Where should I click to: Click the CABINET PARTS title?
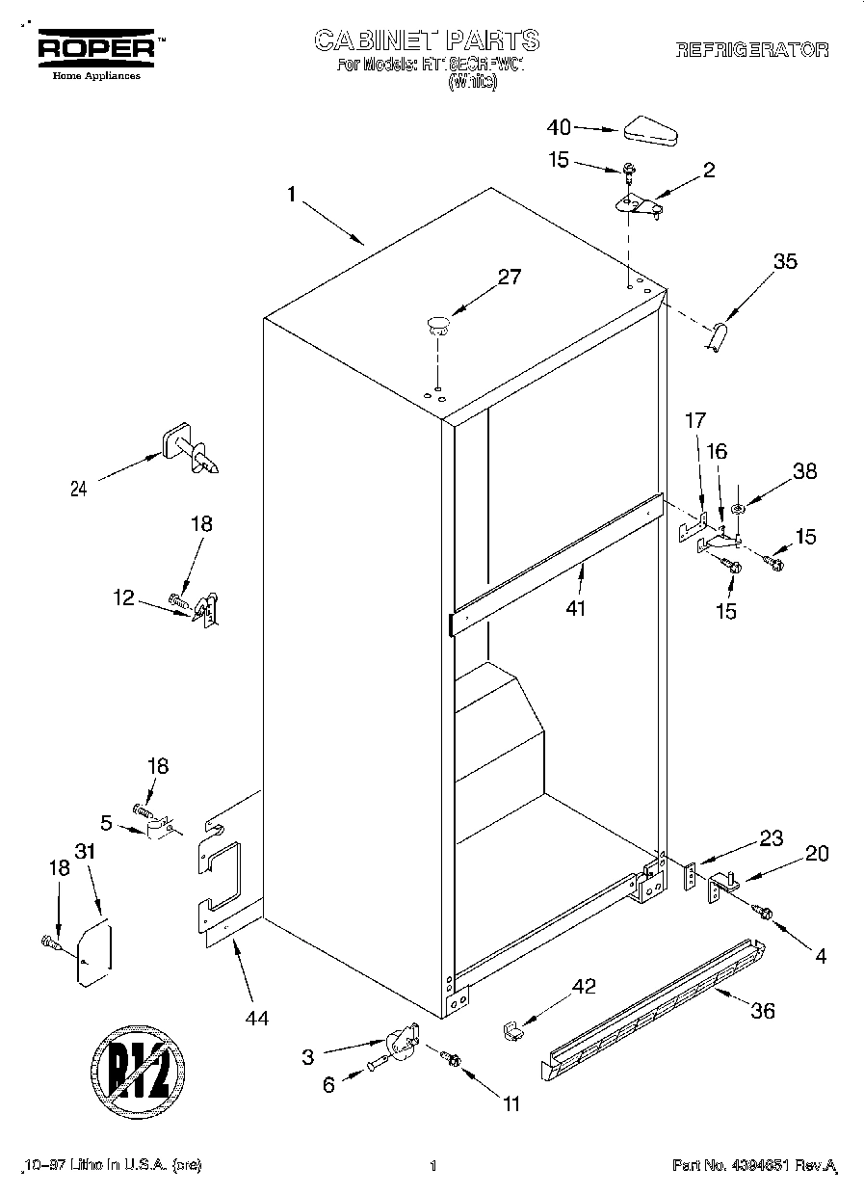[427, 40]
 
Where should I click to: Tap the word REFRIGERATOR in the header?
[751, 51]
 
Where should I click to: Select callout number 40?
[559, 126]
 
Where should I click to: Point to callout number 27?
[509, 278]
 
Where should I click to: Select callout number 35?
[785, 260]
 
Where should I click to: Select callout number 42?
[584, 987]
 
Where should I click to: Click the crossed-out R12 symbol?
[138, 1067]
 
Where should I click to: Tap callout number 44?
[257, 1017]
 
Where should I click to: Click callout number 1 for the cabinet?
[290, 195]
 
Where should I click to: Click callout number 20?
[817, 853]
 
